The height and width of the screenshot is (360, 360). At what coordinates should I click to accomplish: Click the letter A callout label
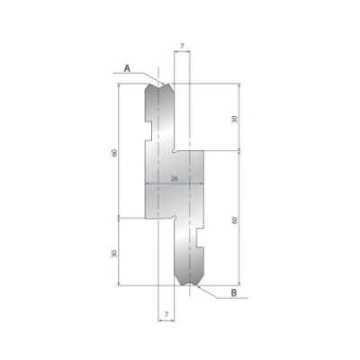127,67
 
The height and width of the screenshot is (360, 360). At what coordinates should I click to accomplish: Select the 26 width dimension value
174,179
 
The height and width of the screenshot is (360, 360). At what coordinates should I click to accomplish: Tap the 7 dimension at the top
182,43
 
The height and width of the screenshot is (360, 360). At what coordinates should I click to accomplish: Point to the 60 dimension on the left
114,151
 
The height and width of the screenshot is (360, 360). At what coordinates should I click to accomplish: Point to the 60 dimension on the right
236,219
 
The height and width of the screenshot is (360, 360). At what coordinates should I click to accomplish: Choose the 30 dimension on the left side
114,253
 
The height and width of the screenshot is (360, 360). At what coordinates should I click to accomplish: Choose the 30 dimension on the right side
236,118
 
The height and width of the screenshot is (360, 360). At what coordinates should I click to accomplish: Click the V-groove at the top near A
163,84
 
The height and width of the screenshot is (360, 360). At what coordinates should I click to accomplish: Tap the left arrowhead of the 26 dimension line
146,184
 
